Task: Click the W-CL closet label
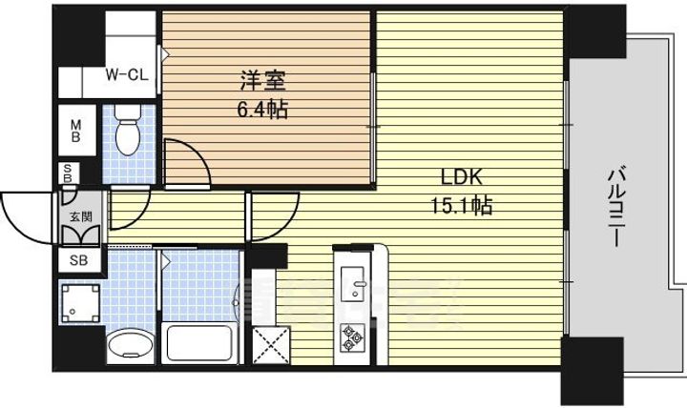[124, 73]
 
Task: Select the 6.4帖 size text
[261, 108]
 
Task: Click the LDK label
[463, 178]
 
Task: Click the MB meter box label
[75, 128]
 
